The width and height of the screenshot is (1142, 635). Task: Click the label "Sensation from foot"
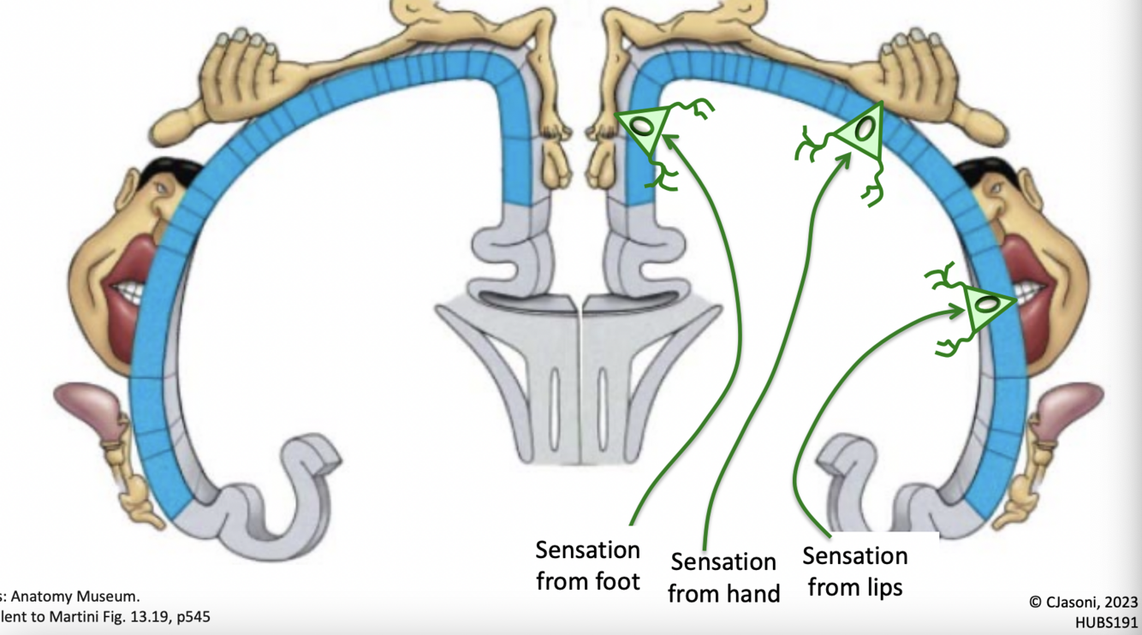pyautogui.click(x=587, y=565)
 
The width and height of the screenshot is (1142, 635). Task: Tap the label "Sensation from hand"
pyautogui.click(x=723, y=577)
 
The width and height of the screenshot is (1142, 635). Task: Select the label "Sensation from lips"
pyautogui.click(x=854, y=571)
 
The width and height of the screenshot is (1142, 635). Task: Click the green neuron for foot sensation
pyautogui.click(x=643, y=129)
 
